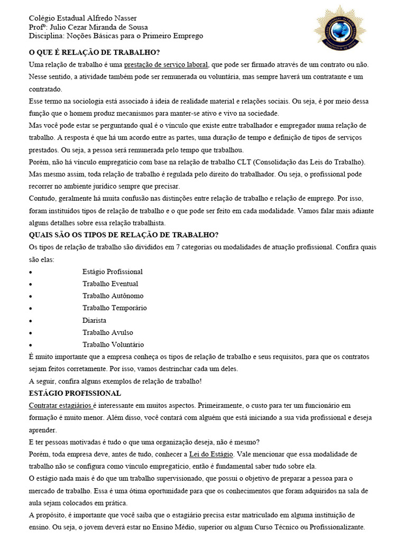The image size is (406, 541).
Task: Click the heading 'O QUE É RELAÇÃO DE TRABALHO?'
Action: pos(94,52)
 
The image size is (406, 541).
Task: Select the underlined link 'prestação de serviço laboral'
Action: pos(166,64)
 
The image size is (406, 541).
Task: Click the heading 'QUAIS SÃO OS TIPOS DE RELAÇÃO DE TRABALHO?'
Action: pos(123,235)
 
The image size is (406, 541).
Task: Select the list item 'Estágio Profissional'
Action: pos(113,272)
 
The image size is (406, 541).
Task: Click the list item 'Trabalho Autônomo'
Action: pos(113,296)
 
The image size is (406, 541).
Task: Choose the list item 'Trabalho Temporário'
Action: pos(115,308)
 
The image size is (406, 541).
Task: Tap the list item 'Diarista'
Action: pos(94,320)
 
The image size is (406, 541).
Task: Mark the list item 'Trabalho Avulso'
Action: pos(108,332)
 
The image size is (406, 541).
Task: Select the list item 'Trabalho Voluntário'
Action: pos(113,344)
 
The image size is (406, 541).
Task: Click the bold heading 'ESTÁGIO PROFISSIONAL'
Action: pos(75,393)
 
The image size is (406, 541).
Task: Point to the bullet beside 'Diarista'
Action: pos(31,321)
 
